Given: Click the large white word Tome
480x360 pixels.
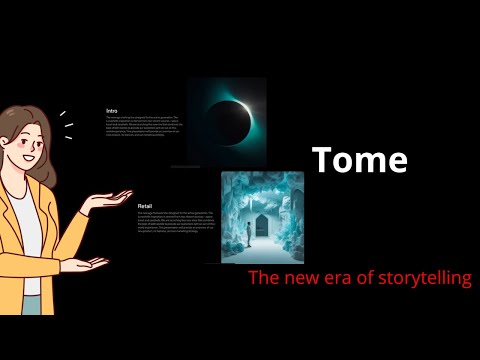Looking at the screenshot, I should pos(359,160).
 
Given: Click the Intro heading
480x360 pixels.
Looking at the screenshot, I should pos(112,110).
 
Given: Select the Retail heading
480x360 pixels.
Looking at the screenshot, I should pos(145,206).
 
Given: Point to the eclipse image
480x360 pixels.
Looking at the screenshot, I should pos(227,121).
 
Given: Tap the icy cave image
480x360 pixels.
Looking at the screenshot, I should pos(262,216).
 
